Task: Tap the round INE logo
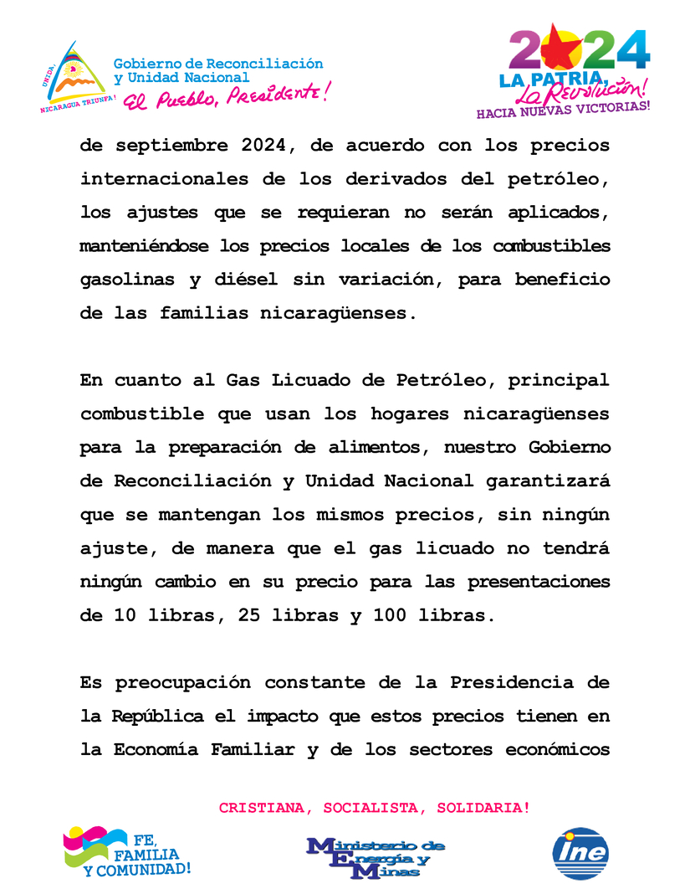pos(580,854)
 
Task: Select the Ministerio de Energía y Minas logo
pos(376,857)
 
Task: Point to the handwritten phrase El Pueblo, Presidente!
pos(226,96)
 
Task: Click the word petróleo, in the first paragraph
pos(561,179)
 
